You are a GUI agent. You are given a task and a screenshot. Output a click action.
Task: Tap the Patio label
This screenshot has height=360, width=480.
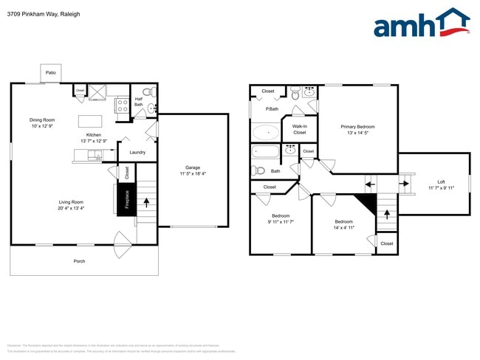[51, 73]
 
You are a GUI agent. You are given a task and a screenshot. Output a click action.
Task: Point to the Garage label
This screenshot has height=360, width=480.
[193, 170]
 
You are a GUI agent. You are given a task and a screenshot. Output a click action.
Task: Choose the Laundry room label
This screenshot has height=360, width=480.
[137, 153]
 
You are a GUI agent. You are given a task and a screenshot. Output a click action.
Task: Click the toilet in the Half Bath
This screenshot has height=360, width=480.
[146, 93]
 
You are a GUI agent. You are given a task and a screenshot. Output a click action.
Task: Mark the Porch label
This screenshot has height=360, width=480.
[79, 261]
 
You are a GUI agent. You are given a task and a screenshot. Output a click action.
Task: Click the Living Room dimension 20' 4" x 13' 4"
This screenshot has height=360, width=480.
[72, 209]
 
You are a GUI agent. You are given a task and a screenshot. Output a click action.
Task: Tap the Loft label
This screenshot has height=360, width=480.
[441, 181]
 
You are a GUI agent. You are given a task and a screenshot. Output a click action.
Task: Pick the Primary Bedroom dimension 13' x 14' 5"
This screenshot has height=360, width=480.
[357, 134]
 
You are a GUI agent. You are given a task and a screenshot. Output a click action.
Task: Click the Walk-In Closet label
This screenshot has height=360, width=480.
[299, 129]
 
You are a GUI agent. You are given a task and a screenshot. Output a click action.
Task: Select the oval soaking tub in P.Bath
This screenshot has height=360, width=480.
[266, 134]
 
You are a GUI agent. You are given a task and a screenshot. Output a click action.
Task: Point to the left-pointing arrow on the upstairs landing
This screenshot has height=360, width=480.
[370, 184]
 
